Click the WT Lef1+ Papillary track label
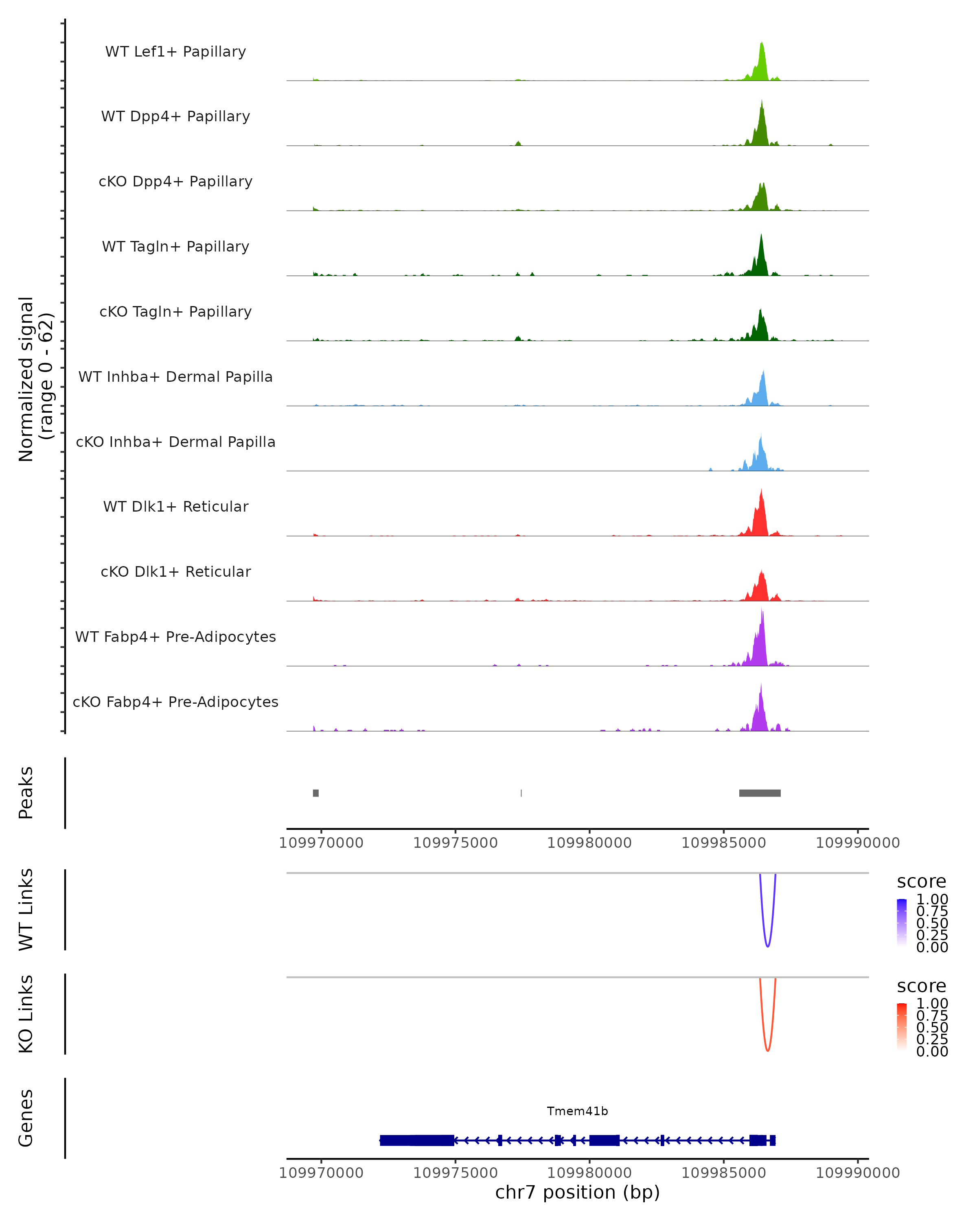pos(175,52)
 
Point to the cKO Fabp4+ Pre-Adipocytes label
pos(175,702)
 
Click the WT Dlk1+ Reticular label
pos(175,506)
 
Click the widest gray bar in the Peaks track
pos(760,793)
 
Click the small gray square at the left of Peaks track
pos(315,793)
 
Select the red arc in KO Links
pos(767,1049)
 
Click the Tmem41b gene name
pos(577,1111)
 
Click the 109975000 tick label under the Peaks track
pos(456,843)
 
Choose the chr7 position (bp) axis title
pos(577,1193)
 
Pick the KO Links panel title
pos(26,1014)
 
